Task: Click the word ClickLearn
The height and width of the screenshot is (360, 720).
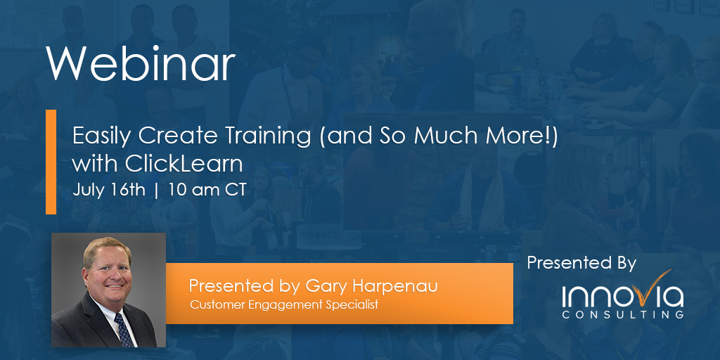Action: (184, 164)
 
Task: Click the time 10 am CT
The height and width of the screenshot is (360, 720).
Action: (207, 191)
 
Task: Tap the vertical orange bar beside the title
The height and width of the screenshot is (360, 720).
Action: (51, 161)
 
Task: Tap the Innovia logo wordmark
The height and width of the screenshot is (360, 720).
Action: (622, 296)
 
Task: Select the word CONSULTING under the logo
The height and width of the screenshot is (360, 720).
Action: (622, 315)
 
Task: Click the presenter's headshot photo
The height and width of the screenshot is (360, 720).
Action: (108, 290)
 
